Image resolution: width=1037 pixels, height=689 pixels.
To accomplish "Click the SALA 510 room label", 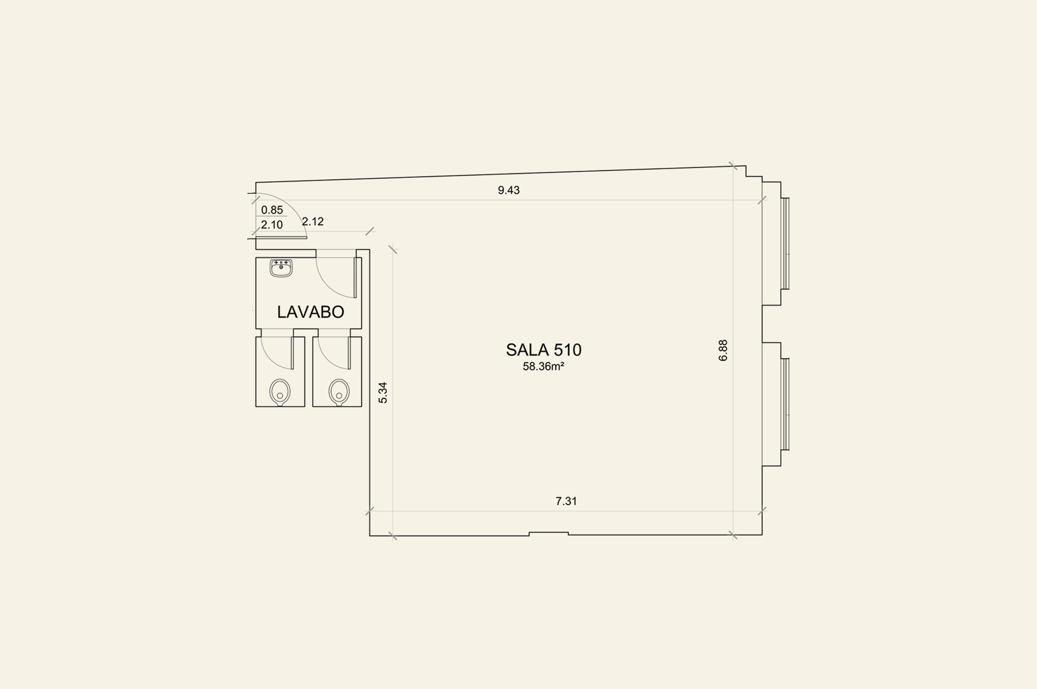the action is click(x=543, y=350).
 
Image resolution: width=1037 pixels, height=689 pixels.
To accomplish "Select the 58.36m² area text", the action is click(x=543, y=367).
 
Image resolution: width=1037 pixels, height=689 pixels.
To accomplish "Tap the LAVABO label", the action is click(x=311, y=312).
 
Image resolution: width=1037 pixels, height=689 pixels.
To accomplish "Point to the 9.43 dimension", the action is click(x=509, y=190).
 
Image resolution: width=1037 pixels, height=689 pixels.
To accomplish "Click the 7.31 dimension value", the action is click(x=566, y=501).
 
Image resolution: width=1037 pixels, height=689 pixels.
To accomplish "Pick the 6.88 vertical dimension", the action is click(x=723, y=350).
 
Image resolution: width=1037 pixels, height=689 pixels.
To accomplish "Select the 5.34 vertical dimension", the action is click(x=383, y=393).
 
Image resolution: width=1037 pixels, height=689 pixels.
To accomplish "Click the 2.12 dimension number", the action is click(x=313, y=222).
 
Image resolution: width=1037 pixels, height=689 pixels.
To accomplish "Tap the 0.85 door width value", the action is click(x=272, y=210).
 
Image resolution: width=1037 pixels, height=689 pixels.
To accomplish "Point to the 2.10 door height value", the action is click(x=272, y=225).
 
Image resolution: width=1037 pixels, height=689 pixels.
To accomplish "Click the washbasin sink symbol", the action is click(x=281, y=268).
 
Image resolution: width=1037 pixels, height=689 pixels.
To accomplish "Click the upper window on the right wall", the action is click(x=785, y=243).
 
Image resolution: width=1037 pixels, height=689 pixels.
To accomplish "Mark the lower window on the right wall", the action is click(x=785, y=404).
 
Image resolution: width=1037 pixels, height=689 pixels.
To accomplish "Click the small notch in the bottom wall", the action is click(x=549, y=533).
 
